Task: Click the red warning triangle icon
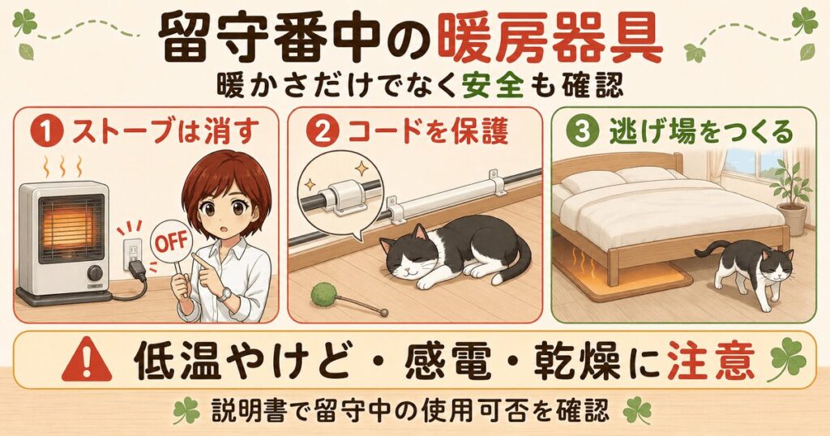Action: pos(86,361)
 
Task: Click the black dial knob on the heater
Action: pos(95,273)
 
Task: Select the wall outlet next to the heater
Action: pos(131,252)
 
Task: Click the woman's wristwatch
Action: pos(225,293)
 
